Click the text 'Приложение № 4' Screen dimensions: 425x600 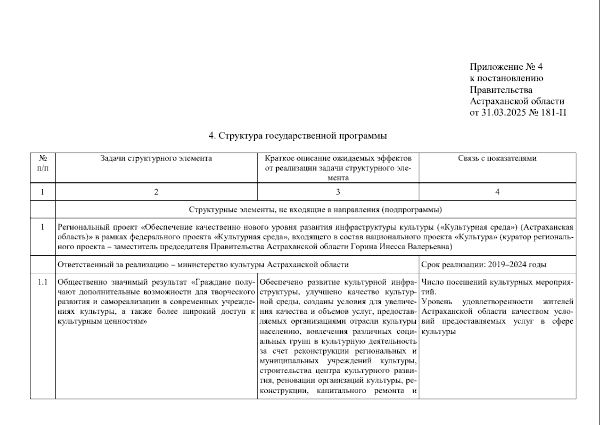click(506, 67)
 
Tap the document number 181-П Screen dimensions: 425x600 click(554, 113)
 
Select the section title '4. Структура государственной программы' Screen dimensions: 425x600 click(298, 136)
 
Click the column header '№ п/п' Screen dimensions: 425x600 click(43, 163)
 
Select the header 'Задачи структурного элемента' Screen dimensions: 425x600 click(156, 158)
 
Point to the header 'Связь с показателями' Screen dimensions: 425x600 click(497, 158)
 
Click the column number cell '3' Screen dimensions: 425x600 click(338, 192)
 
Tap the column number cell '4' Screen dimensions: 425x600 click(497, 192)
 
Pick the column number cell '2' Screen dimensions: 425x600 click(156, 192)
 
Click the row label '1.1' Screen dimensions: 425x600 click(43, 282)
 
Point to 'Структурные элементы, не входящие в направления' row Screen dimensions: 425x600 click(315, 210)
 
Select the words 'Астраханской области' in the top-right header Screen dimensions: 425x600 click(517, 101)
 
